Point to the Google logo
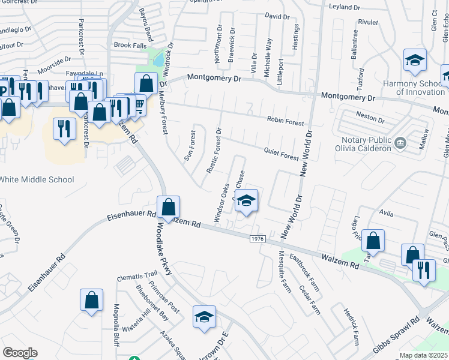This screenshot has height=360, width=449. [20, 353]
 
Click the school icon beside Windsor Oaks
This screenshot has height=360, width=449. [246, 201]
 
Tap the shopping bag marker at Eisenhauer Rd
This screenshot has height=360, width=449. [169, 207]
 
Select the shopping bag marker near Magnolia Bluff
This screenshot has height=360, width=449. [91, 300]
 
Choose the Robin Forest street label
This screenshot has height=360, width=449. [286, 121]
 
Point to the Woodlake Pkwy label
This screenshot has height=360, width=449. [164, 249]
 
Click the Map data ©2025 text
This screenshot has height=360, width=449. [424, 355]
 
